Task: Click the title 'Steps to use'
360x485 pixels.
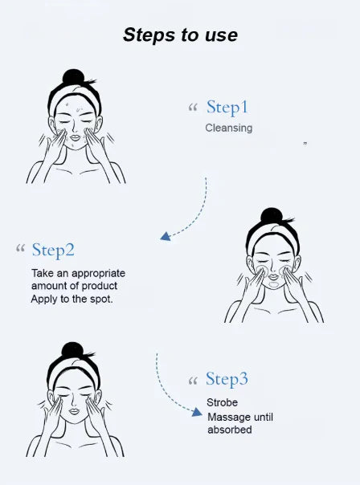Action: coord(180,35)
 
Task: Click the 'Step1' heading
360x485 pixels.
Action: coord(227,108)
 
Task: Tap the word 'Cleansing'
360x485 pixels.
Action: coord(228,128)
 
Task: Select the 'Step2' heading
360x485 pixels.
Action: coord(53,250)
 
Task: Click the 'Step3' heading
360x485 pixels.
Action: coord(227,379)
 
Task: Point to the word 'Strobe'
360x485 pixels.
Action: coord(222,402)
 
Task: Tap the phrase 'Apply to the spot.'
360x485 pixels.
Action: coord(72,299)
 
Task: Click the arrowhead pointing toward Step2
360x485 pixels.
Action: coord(165,236)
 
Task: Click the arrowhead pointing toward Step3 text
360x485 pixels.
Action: coord(196,411)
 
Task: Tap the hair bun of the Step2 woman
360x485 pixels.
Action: coord(272,216)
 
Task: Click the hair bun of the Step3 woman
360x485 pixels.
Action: coord(73,351)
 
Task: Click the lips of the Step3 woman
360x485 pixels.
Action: coord(74,410)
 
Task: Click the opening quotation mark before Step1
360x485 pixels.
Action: coord(192,108)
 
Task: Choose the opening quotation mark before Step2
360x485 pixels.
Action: coord(20,249)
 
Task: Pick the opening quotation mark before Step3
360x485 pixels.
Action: coord(192,379)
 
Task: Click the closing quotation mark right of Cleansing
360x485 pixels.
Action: coord(305,144)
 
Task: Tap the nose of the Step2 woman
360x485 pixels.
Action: coord(272,267)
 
